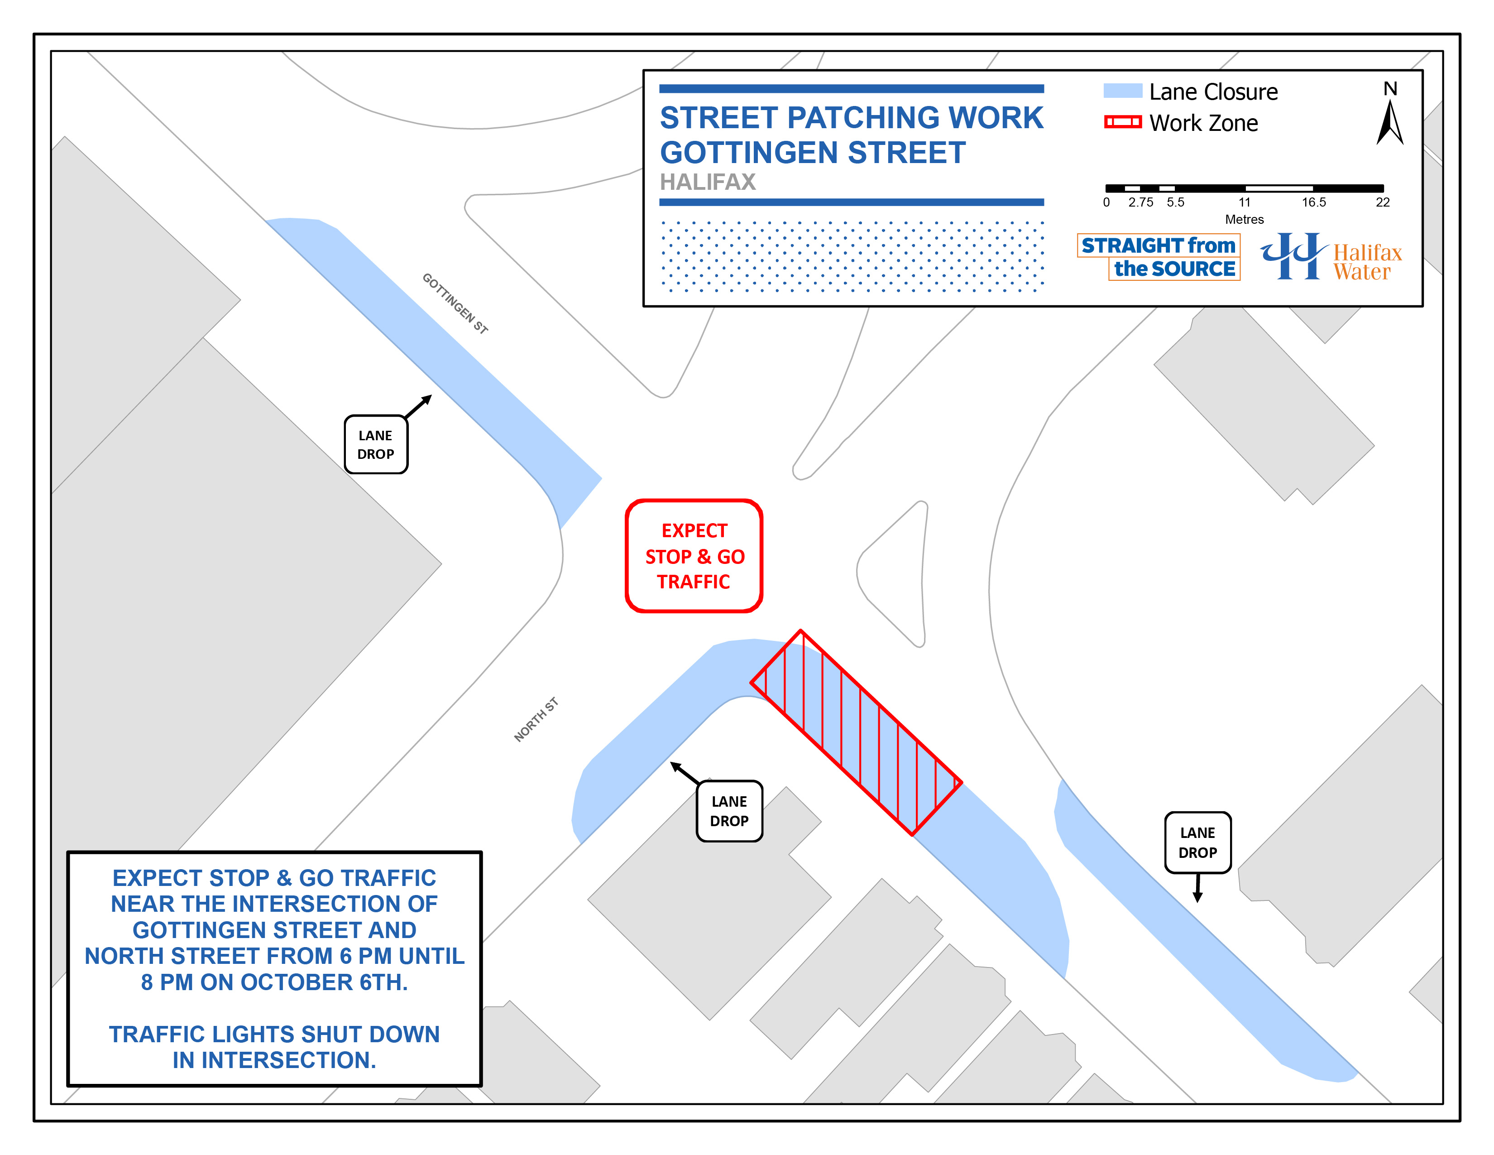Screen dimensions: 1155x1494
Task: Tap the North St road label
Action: tap(536, 719)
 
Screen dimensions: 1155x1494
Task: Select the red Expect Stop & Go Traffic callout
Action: tap(694, 556)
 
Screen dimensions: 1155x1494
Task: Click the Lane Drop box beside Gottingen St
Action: tap(376, 445)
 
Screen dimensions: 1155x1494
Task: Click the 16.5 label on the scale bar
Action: tap(1313, 202)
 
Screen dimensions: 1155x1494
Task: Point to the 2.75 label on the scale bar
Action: tap(1140, 202)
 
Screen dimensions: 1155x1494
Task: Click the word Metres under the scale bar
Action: tap(1244, 220)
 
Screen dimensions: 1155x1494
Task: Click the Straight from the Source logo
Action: tap(1159, 256)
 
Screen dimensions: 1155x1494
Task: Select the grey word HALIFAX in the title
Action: tap(707, 182)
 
